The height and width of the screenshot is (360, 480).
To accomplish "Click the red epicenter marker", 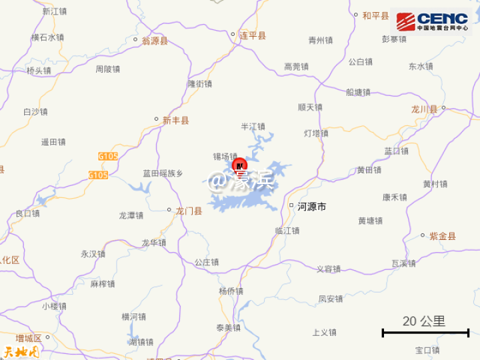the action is coord(239,166).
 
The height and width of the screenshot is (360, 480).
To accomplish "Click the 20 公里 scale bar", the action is coord(425,331).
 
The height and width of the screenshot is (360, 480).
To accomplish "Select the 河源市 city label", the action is coord(311,207).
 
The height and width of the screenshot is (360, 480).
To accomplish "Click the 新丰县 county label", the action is coord(175,121).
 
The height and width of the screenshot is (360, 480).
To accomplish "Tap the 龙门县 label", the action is coord(188,211).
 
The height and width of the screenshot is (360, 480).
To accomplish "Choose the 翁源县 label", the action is coord(155,41).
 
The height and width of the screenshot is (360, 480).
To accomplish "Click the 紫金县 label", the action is coord(442,236).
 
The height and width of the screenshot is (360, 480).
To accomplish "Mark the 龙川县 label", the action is coord(424,109).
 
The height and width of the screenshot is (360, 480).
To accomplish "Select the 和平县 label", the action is coord(375,15).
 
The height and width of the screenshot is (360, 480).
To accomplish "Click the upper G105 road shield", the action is coord(107,156).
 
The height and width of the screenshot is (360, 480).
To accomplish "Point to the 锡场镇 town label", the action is coord(225,156).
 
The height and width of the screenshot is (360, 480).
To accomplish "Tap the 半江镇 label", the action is coord(253,126).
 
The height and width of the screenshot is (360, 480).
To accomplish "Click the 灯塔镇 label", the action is coord(316,133).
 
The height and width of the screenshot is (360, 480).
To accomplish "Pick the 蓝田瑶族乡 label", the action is coord(162,173).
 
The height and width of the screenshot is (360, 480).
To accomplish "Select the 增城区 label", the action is coord(29,338).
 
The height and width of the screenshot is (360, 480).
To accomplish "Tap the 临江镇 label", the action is coord(287,231).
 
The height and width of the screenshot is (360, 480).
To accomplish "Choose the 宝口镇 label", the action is coord(427,350).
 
